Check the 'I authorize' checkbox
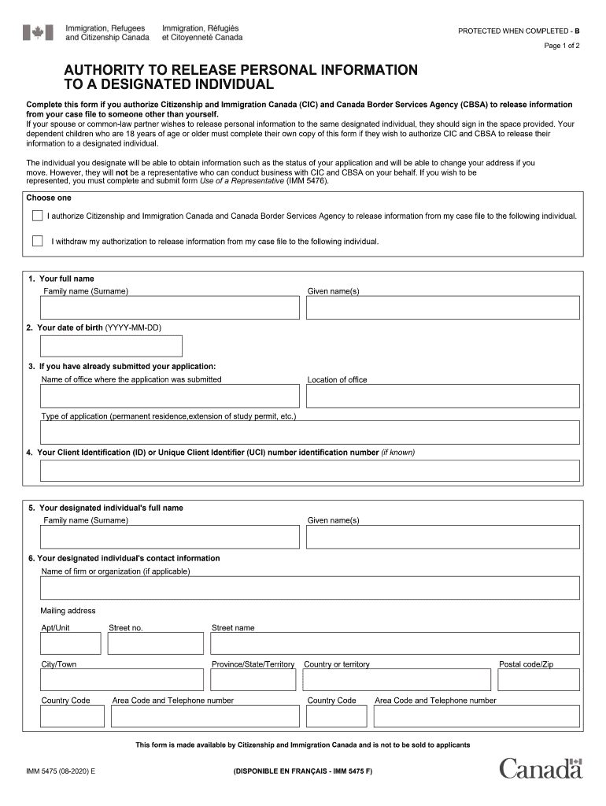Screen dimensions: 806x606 tap(38, 216)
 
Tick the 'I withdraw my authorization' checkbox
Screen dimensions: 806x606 tap(38, 241)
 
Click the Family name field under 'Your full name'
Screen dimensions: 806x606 tap(170, 308)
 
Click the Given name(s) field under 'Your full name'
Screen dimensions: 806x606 tap(443, 308)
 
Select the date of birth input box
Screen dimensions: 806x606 tap(111, 346)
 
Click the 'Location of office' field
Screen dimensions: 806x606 tap(443, 396)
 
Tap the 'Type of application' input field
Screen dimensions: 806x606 tap(310, 432)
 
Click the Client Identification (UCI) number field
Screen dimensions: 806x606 tap(310, 471)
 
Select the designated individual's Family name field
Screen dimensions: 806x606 tap(170, 537)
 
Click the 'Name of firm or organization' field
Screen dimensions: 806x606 tap(310, 588)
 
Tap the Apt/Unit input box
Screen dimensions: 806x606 tap(71, 643)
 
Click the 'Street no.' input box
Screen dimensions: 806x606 tap(155, 643)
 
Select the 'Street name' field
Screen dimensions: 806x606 tap(395, 643)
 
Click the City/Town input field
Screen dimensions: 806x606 tap(122, 680)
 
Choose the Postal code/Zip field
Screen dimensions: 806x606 tap(538, 680)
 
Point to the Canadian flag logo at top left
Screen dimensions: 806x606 tap(38, 32)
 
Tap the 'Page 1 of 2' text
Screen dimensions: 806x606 tap(562, 46)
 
